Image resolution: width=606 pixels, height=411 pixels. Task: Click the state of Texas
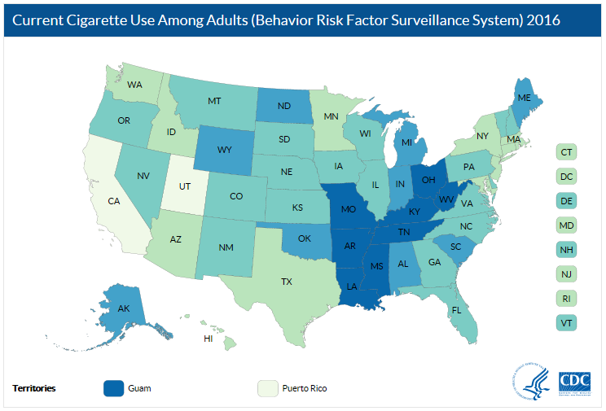286,282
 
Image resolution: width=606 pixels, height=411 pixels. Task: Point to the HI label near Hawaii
209,338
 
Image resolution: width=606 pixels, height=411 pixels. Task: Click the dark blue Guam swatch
114,388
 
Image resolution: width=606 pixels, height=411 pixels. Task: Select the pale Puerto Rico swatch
267,388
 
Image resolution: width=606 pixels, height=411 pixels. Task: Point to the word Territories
34,388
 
